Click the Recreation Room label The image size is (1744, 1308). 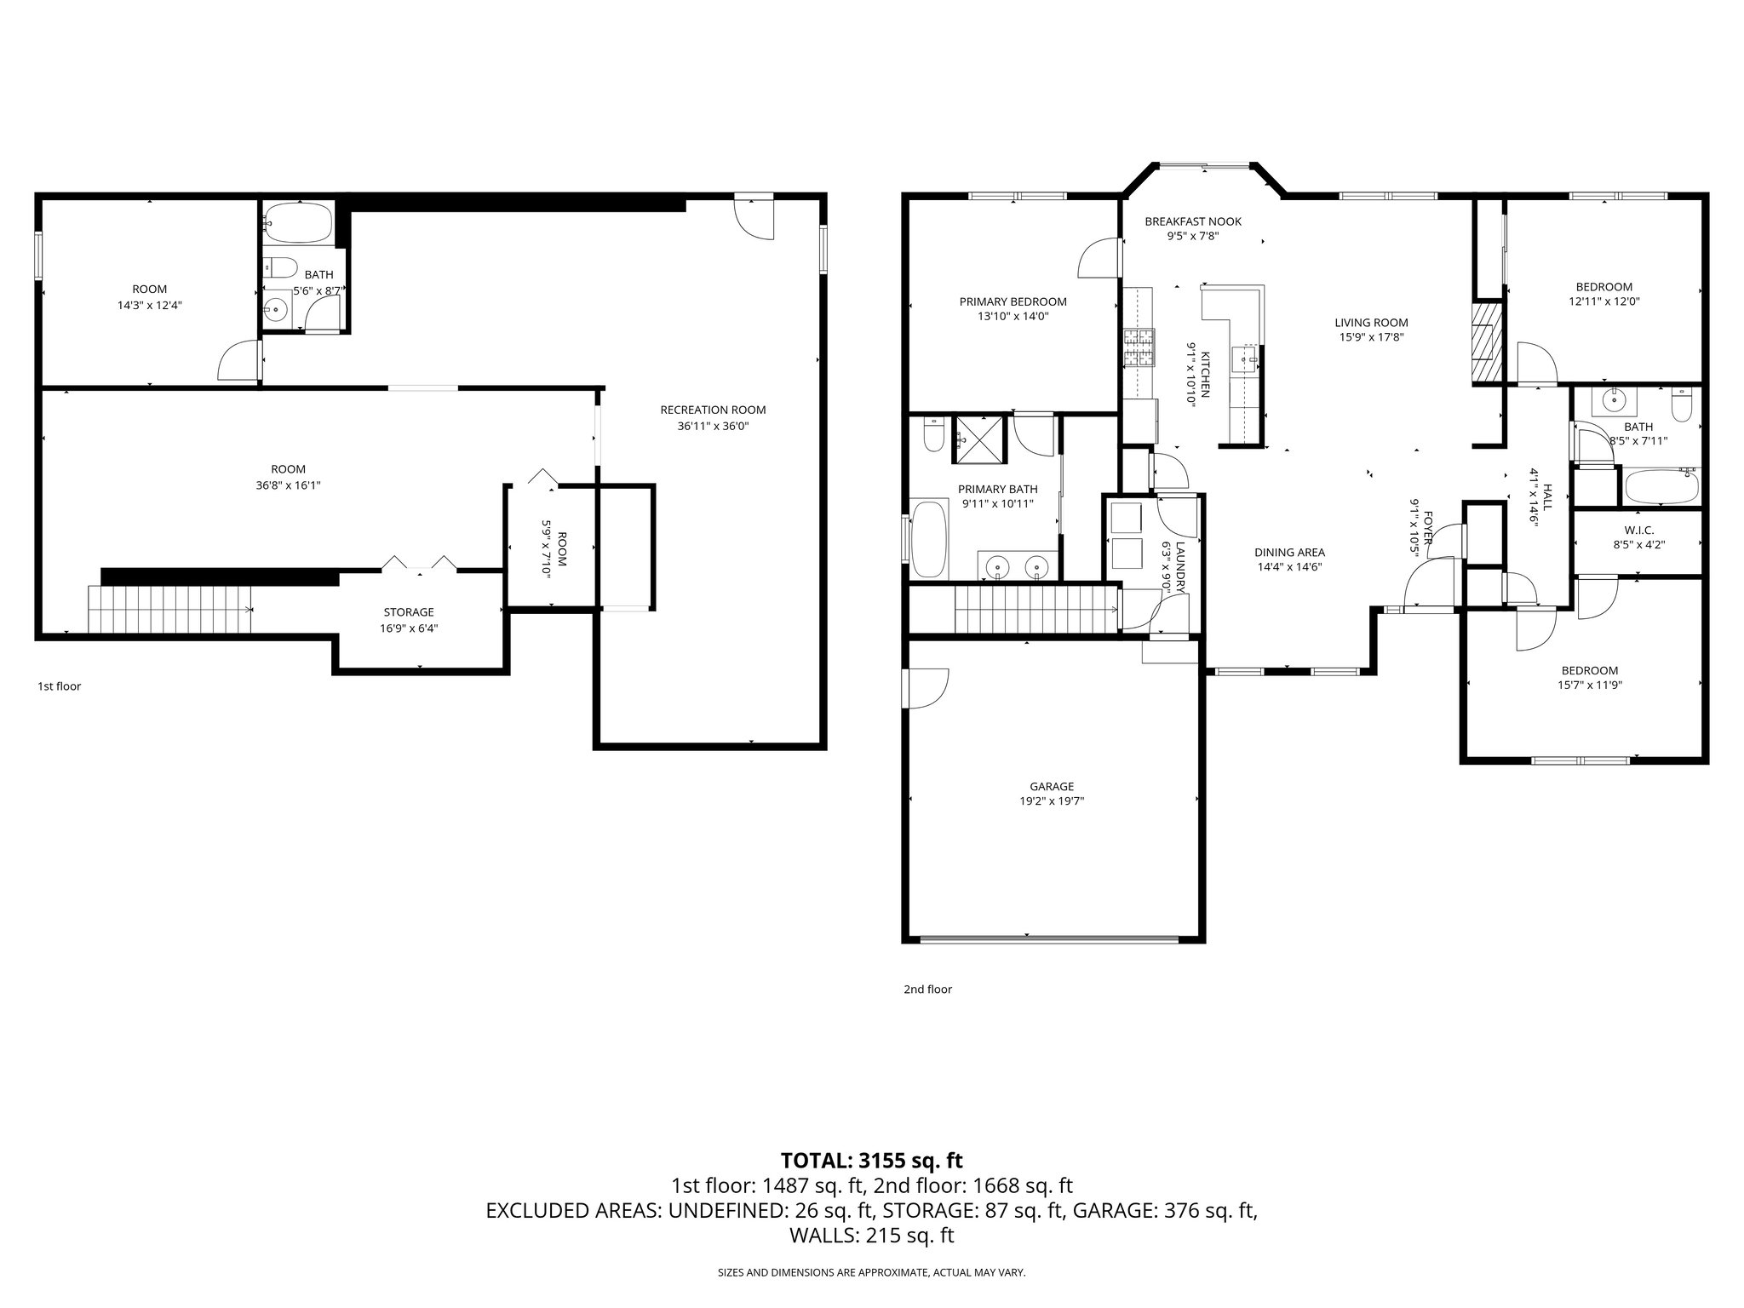click(x=713, y=410)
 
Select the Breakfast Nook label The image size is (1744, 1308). click(x=1192, y=221)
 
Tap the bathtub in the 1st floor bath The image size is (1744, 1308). click(x=297, y=222)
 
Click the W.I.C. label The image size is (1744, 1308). click(x=1638, y=531)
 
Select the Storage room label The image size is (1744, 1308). click(x=409, y=612)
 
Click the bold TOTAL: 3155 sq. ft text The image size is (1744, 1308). click(x=871, y=1161)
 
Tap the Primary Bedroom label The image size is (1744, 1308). click(x=1013, y=301)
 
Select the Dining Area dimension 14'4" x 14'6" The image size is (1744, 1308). click(x=1289, y=567)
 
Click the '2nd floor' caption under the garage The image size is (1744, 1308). click(x=927, y=990)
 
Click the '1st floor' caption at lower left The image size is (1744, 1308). click(x=59, y=686)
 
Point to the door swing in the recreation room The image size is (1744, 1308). click(x=754, y=218)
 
